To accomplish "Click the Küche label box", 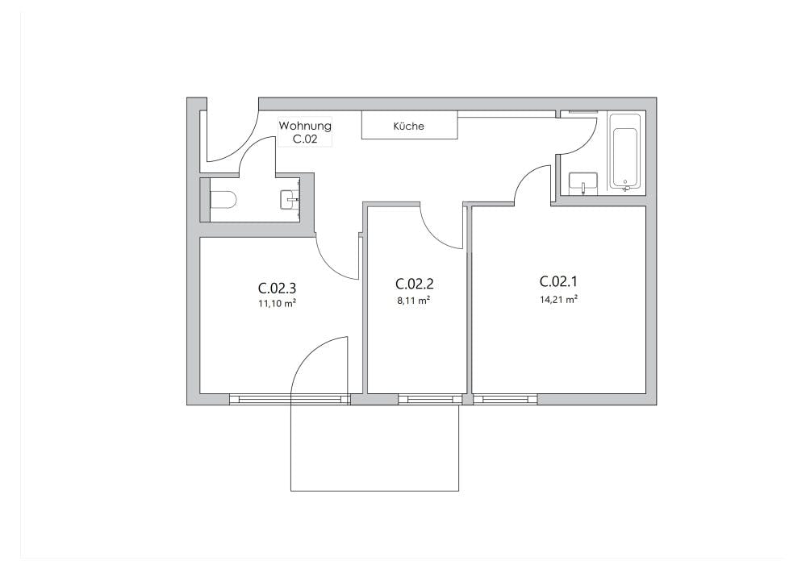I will pos(409,126).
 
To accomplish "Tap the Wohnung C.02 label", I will pos(304,132).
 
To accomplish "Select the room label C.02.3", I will pos(272,288).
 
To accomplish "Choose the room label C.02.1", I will pos(559,281).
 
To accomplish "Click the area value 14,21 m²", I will pos(558,298).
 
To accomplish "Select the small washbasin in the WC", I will pos(290,199).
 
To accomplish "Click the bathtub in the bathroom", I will pos(625,151).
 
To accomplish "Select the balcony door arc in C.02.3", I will pos(316,363).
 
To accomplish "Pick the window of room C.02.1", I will pos(505,398).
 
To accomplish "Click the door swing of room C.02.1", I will pos(532,184).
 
